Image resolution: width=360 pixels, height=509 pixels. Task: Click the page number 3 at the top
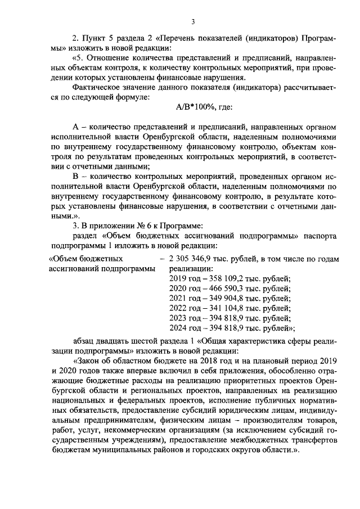[x=192, y=22]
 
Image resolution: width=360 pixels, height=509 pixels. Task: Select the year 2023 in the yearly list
[x=178, y=318]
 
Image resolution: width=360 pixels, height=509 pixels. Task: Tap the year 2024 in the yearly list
[x=178, y=327]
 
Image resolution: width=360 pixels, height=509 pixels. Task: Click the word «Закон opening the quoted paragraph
[x=88, y=362]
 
